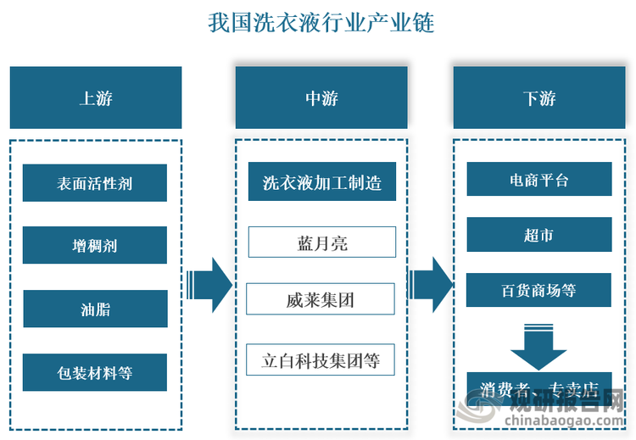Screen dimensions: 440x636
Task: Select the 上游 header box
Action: (96, 97)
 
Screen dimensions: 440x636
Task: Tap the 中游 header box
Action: (321, 97)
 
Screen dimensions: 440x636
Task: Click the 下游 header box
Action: (539, 97)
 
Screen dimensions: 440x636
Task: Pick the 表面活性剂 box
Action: (95, 182)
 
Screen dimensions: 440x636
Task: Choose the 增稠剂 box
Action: (95, 245)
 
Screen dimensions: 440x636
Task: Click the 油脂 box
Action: (95, 309)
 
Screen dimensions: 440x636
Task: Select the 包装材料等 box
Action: (95, 371)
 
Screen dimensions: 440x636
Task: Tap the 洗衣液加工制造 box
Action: (321, 182)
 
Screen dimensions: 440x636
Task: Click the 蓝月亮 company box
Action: (321, 242)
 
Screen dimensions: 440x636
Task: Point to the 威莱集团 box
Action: (321, 299)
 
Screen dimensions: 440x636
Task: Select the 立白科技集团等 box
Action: (321, 359)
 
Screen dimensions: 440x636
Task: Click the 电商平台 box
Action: (538, 181)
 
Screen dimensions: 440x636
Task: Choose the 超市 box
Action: (538, 235)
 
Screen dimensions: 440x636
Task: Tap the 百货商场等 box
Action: (538, 290)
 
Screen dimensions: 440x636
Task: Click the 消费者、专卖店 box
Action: (538, 388)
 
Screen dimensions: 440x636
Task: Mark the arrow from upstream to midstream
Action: (209, 280)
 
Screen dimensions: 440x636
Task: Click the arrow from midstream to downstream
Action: (431, 280)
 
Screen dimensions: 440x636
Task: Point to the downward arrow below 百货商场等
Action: (538, 343)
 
